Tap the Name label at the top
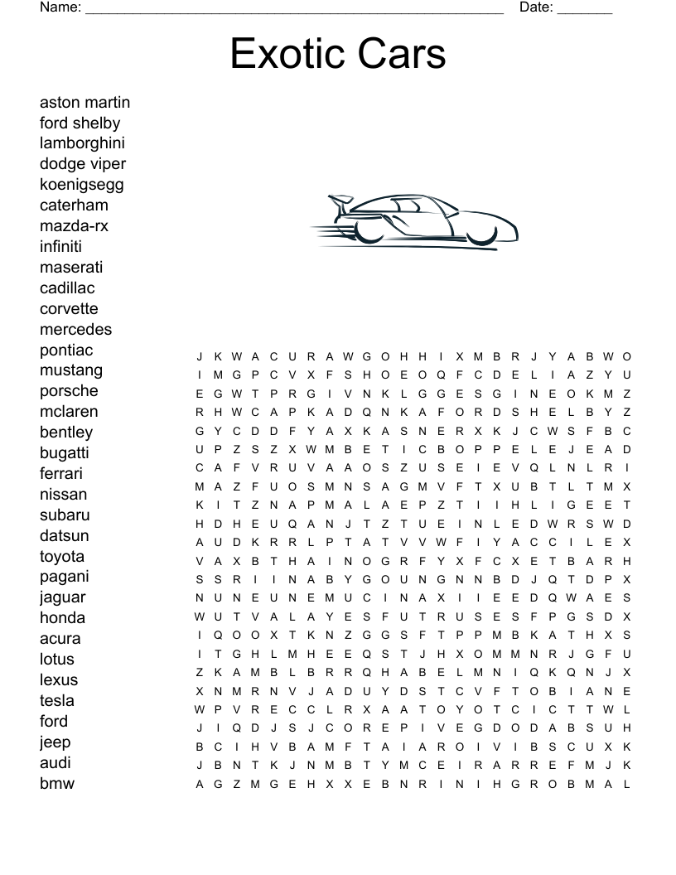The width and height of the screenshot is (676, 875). click(60, 7)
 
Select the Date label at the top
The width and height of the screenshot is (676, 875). click(536, 7)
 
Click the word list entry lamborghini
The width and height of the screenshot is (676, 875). click(82, 143)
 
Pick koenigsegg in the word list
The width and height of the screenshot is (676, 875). click(81, 185)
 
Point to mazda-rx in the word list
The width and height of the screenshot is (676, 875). click(74, 226)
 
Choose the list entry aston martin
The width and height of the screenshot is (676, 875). click(84, 102)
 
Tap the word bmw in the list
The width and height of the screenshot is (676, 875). click(57, 783)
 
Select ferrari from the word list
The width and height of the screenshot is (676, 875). click(61, 474)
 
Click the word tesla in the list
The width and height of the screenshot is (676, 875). click(56, 700)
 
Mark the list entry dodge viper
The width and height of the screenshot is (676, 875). click(83, 164)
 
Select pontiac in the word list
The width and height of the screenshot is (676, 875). click(66, 350)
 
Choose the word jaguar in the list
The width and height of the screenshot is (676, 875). click(62, 597)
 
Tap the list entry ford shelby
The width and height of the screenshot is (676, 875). click(80, 123)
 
